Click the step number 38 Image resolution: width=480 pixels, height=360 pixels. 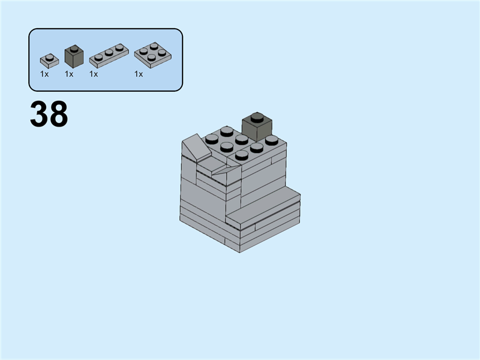49,115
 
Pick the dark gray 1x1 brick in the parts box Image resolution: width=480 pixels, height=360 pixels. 74,57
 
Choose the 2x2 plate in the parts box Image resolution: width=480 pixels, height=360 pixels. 151,55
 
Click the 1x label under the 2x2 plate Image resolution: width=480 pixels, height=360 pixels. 139,74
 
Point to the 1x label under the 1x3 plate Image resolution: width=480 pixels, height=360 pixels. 94,74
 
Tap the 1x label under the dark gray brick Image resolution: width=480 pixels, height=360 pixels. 69,74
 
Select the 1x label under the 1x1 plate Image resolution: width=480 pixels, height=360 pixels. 44,74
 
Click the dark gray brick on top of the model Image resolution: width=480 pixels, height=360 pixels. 257,128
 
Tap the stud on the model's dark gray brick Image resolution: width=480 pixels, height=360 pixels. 257,116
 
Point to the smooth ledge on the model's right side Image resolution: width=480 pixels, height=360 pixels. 264,204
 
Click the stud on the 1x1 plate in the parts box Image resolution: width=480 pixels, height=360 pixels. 49,58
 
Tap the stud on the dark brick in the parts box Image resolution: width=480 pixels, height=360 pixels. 74,48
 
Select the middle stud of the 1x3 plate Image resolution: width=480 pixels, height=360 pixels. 109,53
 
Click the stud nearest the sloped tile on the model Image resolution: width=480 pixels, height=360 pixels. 212,140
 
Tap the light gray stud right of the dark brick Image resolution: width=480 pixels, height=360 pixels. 272,140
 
